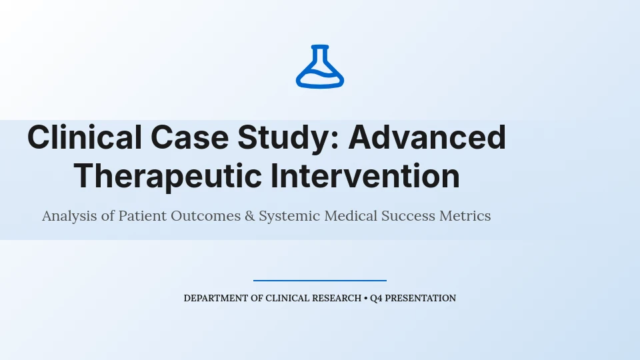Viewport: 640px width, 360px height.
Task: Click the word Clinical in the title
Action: pos(85,137)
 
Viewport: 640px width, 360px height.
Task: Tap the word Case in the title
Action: pos(189,137)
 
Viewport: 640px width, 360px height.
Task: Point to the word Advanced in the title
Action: pos(427,137)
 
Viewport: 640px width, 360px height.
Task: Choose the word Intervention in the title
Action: pos(365,176)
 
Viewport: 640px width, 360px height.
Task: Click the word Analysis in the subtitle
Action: pos(69,216)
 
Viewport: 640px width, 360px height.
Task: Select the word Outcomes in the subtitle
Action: pos(206,215)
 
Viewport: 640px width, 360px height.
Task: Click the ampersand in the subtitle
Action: pos(250,215)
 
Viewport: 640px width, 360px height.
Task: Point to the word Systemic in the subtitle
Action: pos(289,216)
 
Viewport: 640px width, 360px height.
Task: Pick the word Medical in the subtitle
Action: pos(351,215)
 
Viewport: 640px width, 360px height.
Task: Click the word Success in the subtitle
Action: pos(408,215)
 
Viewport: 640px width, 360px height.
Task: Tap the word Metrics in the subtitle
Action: pos(465,215)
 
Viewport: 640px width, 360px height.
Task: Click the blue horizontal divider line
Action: pos(319,281)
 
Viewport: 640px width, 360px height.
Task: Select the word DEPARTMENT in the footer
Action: pos(216,299)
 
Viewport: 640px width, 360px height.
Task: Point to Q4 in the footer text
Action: pos(376,299)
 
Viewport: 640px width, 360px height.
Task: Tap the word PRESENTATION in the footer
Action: pos(421,299)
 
